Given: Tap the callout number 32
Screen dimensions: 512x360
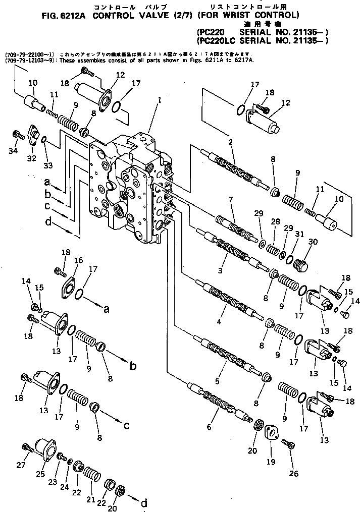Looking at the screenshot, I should tap(33, 158).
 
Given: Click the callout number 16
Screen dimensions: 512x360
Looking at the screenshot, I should tap(79, 260).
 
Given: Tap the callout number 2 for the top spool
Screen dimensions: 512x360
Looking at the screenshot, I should tap(230, 143).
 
